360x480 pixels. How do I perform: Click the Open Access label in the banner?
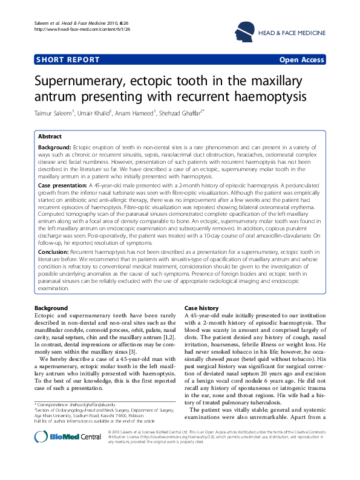pyautogui.click(x=301, y=60)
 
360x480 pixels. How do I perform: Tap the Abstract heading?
pyautogui.click(x=50, y=137)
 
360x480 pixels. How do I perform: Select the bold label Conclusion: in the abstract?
pyautogui.click(x=53, y=250)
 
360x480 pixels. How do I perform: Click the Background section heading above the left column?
pyautogui.click(x=51, y=308)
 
